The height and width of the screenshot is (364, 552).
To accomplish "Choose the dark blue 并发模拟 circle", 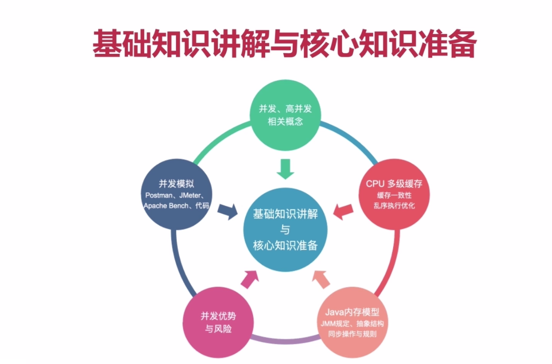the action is click(x=176, y=194).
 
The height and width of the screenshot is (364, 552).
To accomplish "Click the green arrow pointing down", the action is click(x=285, y=169).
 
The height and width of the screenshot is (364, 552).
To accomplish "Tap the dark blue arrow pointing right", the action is click(x=228, y=211).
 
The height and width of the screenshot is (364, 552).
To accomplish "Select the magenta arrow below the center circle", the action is click(x=250, y=279).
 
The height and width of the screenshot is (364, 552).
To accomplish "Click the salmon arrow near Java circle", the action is click(x=321, y=279).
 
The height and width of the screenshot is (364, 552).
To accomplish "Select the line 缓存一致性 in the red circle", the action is click(x=394, y=195).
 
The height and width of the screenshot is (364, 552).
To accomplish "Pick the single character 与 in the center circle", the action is click(x=285, y=230).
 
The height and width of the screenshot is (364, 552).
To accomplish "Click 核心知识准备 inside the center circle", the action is click(x=285, y=246).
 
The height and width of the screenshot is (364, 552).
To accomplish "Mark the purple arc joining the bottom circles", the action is click(x=285, y=341).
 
